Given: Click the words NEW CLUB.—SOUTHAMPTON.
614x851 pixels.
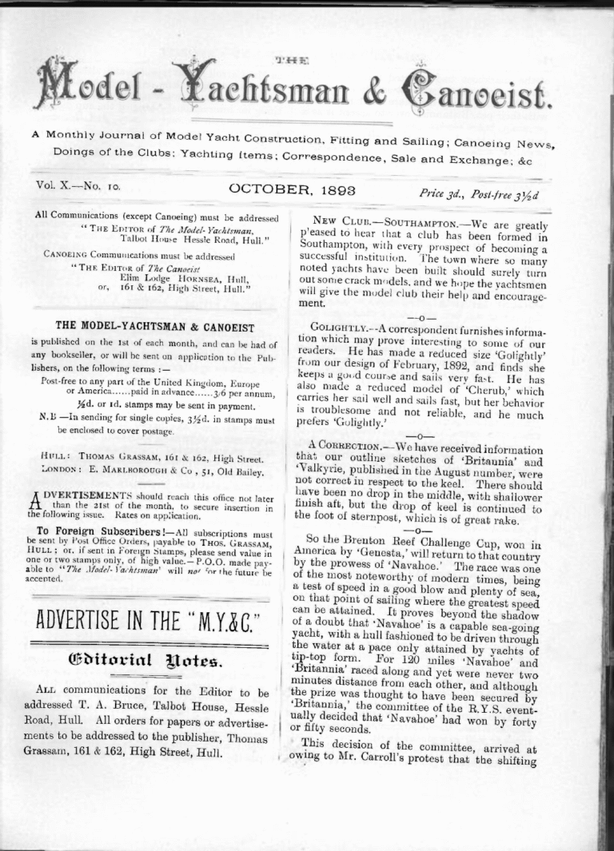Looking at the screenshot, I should tap(385, 225).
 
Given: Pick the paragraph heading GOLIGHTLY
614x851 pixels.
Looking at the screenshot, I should tap(338, 329).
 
